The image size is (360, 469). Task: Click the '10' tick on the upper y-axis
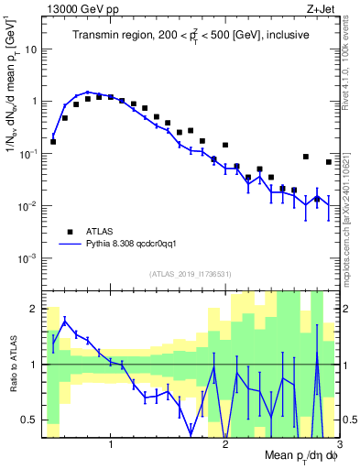[x=33, y=49]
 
